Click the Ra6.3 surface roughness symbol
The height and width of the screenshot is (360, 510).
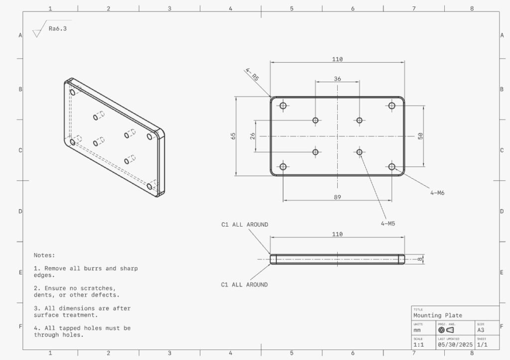pyautogui.click(x=50, y=29)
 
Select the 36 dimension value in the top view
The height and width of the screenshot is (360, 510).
pyautogui.click(x=337, y=79)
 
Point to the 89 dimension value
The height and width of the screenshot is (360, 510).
pyautogui.click(x=337, y=197)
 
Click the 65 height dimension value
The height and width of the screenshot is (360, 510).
pyautogui.click(x=233, y=136)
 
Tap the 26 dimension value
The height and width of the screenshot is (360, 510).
pyautogui.click(x=253, y=136)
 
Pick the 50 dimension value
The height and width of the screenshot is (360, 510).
pyautogui.click(x=420, y=135)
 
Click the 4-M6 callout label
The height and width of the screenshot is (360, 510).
pyautogui.click(x=437, y=192)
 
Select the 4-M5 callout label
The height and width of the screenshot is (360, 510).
pyautogui.click(x=388, y=224)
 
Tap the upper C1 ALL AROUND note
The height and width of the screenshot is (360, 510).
pyautogui.click(x=245, y=225)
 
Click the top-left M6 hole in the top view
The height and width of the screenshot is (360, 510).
pyautogui.click(x=283, y=106)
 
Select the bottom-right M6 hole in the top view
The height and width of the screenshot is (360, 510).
pyautogui.click(x=392, y=167)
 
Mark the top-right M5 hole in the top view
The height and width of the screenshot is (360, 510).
pyautogui.click(x=359, y=120)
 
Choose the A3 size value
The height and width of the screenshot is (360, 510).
pyautogui.click(x=481, y=330)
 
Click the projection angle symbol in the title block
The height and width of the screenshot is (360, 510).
pyautogui.click(x=446, y=330)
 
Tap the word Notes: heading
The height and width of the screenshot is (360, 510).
pyautogui.click(x=44, y=255)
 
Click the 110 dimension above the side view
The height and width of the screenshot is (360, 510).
pyautogui.click(x=337, y=234)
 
